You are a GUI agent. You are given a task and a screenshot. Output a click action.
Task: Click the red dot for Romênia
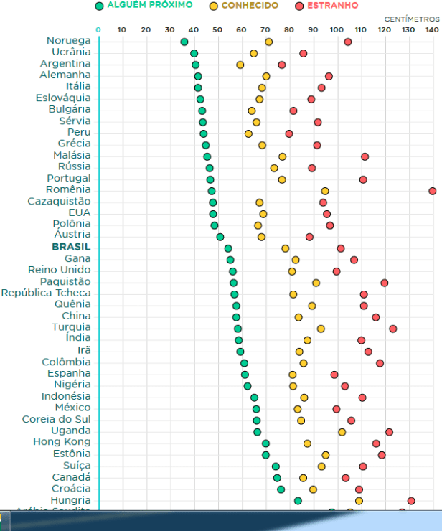tap(432, 191)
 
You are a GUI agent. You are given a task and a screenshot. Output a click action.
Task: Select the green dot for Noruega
tap(184, 42)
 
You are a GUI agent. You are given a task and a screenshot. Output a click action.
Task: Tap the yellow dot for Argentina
tap(240, 65)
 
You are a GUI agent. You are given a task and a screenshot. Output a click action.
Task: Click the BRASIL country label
tap(71, 247)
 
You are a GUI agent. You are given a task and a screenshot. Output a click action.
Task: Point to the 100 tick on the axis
tap(337, 29)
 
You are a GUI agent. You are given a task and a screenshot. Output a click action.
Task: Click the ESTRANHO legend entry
tap(332, 6)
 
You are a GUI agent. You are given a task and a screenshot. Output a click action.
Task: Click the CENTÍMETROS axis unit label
tap(411, 18)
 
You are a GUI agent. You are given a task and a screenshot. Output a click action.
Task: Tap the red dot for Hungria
tap(411, 500)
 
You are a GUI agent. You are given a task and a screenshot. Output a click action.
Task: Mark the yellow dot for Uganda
tap(342, 431)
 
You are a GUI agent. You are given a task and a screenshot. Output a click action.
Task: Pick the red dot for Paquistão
tap(384, 283)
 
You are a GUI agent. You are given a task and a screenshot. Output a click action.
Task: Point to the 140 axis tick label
tap(431, 29)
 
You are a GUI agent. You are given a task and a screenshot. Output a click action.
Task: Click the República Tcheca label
tap(46, 293)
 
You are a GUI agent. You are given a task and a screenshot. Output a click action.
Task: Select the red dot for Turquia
tap(392, 329)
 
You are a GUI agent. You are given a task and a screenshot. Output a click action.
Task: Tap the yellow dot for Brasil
tap(285, 248)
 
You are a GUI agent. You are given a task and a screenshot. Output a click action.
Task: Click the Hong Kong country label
tap(62, 442)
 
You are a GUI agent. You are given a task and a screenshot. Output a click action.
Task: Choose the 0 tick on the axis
tap(98, 29)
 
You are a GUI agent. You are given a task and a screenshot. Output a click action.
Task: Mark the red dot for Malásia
tap(365, 156)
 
